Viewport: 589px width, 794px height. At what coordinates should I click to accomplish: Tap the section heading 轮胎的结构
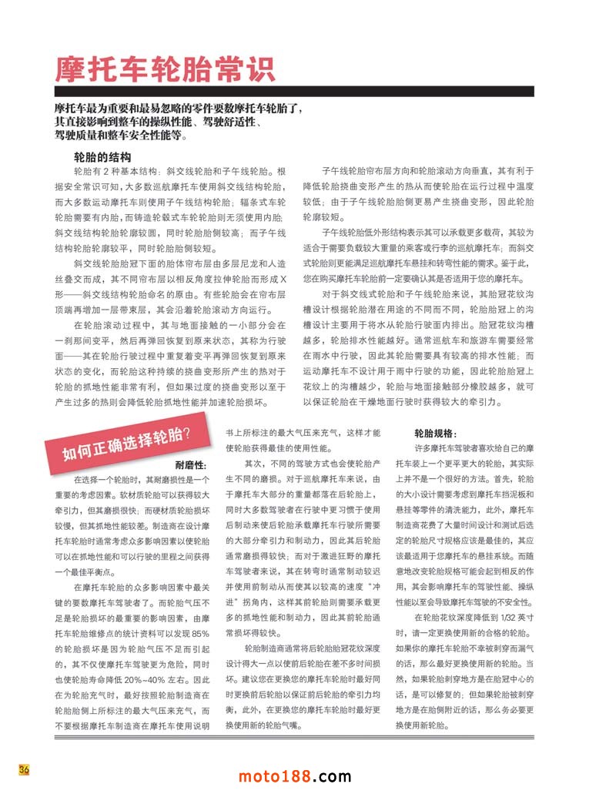[x=101, y=157]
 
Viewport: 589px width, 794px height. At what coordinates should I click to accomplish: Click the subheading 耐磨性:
[x=191, y=465]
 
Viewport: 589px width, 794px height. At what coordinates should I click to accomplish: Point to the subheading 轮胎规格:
[x=436, y=434]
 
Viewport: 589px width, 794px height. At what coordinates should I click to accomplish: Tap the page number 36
[x=24, y=771]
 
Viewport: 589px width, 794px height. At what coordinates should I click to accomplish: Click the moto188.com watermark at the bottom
[x=295, y=776]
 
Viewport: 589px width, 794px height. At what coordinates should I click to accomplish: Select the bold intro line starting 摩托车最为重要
[x=179, y=109]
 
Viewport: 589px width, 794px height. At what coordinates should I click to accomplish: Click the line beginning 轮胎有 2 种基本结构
[x=179, y=171]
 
